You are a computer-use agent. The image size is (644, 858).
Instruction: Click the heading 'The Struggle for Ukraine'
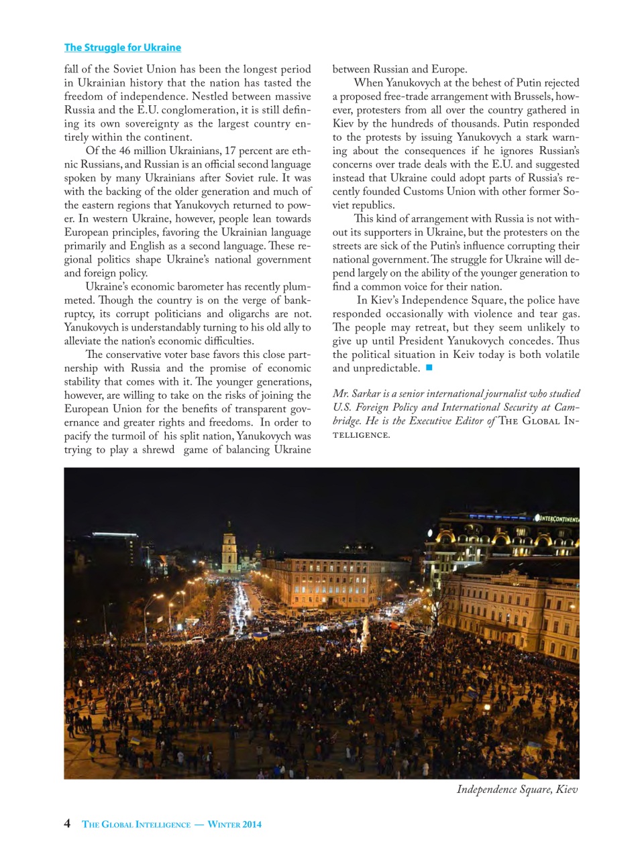pyautogui.click(x=122, y=48)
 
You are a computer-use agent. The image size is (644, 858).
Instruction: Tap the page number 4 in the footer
pyautogui.click(x=67, y=823)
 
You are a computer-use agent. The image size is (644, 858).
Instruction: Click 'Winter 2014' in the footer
pyautogui.click(x=234, y=824)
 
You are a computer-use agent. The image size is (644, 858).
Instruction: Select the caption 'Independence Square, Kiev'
pyautogui.click(x=517, y=789)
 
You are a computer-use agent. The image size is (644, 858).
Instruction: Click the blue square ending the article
pyautogui.click(x=429, y=367)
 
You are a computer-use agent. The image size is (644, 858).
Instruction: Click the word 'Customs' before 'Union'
pyautogui.click(x=425, y=192)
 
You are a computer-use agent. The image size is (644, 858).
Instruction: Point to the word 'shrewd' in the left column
pyautogui.click(x=158, y=450)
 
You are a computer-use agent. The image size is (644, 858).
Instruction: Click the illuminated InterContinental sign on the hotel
pyautogui.click(x=556, y=518)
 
